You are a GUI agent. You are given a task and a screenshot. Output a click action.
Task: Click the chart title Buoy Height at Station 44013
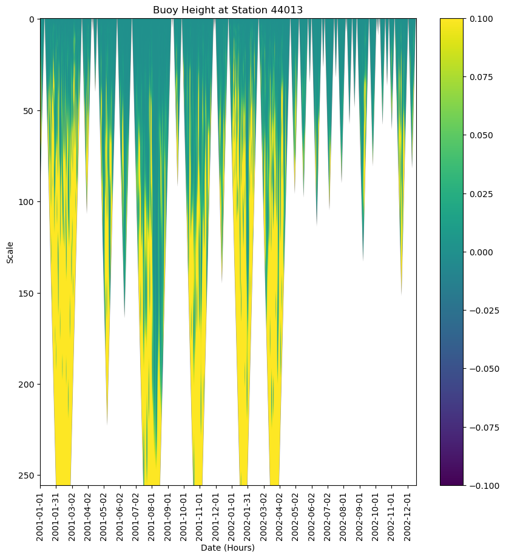[x=228, y=10]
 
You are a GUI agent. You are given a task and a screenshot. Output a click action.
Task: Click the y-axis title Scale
[x=10, y=252]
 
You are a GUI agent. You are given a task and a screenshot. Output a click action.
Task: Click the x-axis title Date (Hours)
[x=228, y=548]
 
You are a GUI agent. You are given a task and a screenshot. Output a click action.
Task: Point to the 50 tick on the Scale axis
[x=30, y=111]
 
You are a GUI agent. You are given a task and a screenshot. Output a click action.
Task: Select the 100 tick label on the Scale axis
[x=27, y=202]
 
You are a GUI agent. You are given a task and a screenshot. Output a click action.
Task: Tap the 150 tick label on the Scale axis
[x=27, y=294]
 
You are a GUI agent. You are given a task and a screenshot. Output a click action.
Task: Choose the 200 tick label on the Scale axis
[x=27, y=385]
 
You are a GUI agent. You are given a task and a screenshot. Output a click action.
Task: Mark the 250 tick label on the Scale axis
[x=27, y=476]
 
